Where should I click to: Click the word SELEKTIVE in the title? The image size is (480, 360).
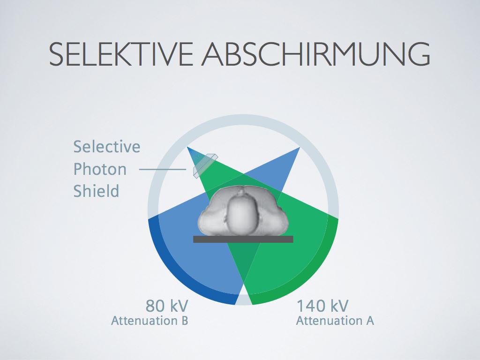121,54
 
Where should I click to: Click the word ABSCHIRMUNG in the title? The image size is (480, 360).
315,54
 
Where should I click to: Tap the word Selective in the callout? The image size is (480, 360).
107,146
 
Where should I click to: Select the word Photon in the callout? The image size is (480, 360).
100,169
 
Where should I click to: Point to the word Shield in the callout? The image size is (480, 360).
96,191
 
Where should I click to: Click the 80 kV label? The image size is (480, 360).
167,306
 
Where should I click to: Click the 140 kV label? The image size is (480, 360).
322,306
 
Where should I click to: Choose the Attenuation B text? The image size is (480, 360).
150,321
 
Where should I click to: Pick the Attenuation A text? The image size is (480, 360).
335,321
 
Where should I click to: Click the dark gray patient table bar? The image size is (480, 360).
243,239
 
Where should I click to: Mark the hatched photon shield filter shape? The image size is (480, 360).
205,166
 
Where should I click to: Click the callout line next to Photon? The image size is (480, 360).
163,169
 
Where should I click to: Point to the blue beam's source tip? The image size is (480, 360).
300,148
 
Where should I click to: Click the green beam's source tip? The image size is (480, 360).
187,147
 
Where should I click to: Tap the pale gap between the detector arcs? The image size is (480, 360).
244,300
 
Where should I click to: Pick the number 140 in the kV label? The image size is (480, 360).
311,306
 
